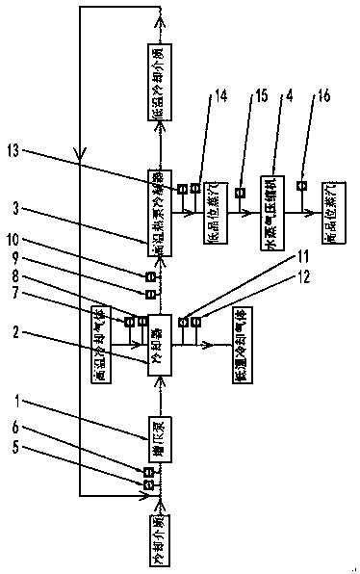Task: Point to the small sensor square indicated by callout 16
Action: click(x=300, y=186)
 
